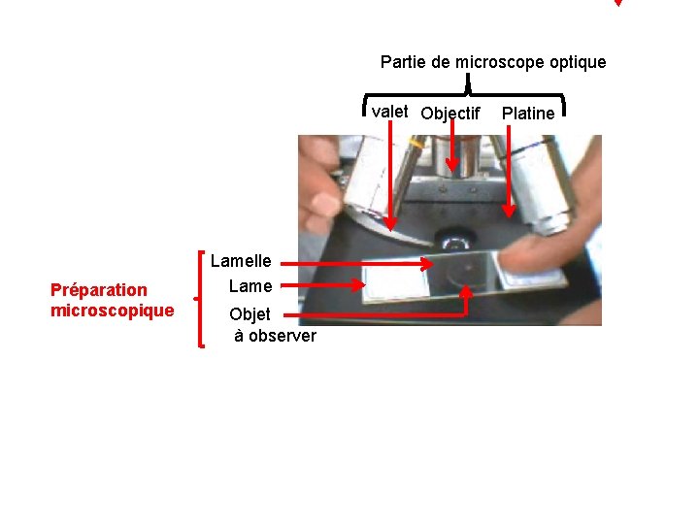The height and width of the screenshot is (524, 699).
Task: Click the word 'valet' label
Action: pyautogui.click(x=389, y=111)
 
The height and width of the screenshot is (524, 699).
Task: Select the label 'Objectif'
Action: pyautogui.click(x=450, y=114)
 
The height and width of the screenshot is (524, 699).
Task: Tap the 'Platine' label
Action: pyautogui.click(x=528, y=114)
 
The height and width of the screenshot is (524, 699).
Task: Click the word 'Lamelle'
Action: pyautogui.click(x=241, y=260)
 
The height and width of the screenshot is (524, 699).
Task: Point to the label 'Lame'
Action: pyautogui.click(x=250, y=285)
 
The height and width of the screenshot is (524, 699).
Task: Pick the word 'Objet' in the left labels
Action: pyautogui.click(x=250, y=314)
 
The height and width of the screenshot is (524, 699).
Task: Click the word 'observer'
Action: pyautogui.click(x=282, y=336)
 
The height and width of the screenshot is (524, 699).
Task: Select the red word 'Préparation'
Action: pyautogui.click(x=99, y=289)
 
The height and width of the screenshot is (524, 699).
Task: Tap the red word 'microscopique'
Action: pyautogui.click(x=113, y=311)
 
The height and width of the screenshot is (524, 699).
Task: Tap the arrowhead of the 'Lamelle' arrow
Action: pyautogui.click(x=428, y=263)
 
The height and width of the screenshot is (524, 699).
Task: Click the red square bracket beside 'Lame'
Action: pyautogui.click(x=201, y=296)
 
